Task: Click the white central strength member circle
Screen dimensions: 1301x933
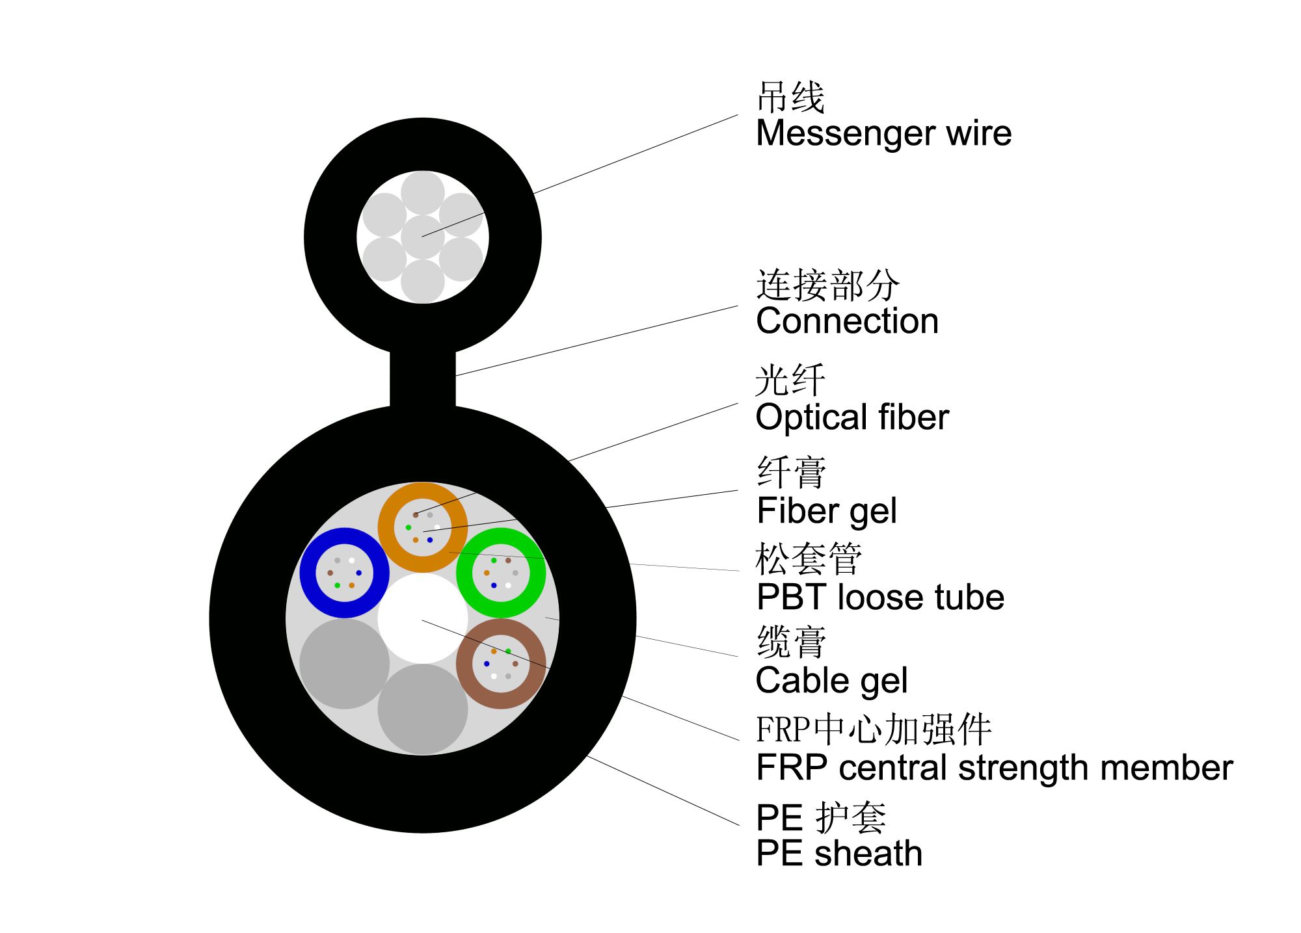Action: pos(423,618)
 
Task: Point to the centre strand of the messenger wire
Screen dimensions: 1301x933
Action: pos(423,237)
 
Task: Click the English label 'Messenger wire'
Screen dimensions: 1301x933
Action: pos(883,134)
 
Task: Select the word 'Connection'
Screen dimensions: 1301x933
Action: pos(847,321)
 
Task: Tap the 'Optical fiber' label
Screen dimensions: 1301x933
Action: pos(852,417)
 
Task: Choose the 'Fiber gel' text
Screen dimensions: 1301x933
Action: pos(827,511)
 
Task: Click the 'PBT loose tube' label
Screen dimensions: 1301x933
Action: pos(880,597)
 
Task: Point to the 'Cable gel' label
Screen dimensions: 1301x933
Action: pos(831,681)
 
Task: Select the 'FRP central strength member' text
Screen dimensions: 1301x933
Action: pos(995,768)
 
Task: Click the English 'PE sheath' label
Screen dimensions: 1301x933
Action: pos(839,853)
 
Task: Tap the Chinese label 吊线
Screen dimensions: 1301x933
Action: pos(790,98)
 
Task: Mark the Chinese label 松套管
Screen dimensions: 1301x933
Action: pos(809,558)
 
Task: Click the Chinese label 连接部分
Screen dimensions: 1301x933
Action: pos(827,285)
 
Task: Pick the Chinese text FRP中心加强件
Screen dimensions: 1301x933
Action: pos(874,729)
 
